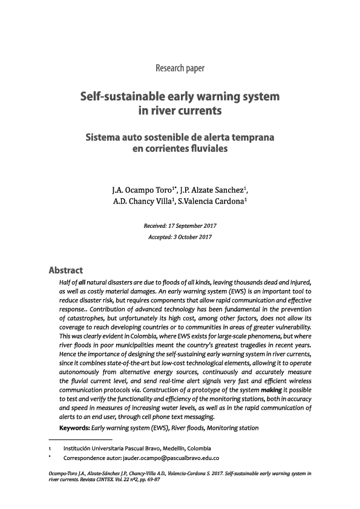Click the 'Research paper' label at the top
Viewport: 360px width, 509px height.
click(180, 66)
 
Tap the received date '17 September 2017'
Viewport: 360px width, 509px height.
click(193, 225)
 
